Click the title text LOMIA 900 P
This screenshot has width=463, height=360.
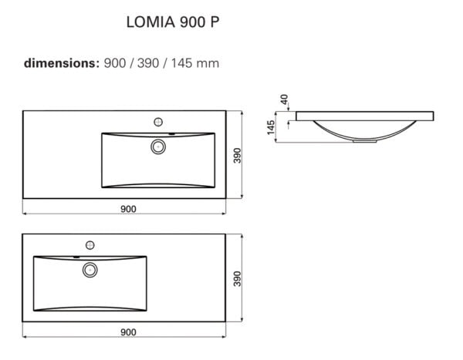[x=172, y=22]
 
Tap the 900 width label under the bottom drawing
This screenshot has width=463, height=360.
[x=128, y=331]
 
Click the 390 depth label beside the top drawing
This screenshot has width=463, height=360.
[x=238, y=155]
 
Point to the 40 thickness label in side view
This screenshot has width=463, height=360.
[x=283, y=99]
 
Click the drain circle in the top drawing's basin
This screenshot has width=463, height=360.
[x=160, y=146]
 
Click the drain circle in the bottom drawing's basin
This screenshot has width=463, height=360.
[x=90, y=269]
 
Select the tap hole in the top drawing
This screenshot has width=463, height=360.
[x=160, y=121]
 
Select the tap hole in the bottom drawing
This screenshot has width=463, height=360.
[x=90, y=244]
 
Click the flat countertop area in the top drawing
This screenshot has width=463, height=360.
[x=62, y=154]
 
